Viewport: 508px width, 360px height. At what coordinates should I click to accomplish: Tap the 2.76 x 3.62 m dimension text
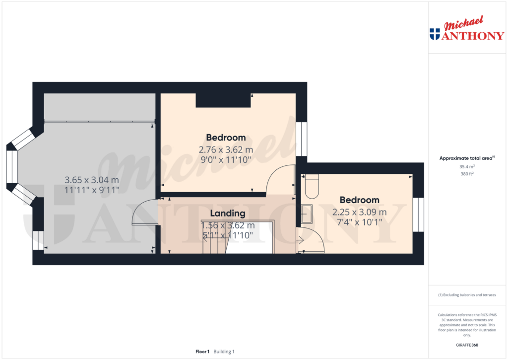click(x=226, y=149)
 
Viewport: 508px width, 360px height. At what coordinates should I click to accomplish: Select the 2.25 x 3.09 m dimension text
click(x=360, y=212)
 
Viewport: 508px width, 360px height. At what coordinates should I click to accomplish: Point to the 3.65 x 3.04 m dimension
click(x=92, y=180)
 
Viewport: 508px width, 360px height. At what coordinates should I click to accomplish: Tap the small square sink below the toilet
click(x=307, y=214)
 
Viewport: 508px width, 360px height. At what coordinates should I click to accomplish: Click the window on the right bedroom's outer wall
click(x=418, y=215)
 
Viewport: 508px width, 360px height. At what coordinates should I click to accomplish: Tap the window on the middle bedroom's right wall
click(x=301, y=139)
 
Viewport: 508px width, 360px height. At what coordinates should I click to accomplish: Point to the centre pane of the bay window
click(x=12, y=167)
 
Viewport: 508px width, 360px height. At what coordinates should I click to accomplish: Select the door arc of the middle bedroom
click(x=279, y=179)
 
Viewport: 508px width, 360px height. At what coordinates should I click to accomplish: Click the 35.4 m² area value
click(x=466, y=167)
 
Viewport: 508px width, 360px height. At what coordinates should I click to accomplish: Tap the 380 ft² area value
click(x=466, y=174)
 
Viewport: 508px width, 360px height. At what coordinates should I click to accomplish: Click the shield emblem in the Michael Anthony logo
click(x=435, y=34)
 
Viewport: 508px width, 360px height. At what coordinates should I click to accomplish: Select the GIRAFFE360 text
click(x=466, y=345)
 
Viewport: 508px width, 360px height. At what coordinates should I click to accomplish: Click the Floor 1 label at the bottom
click(x=202, y=352)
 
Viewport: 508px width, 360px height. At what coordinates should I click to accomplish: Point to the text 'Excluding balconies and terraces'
click(x=468, y=295)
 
